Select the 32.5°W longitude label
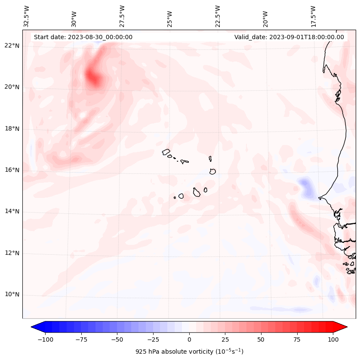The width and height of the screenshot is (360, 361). (27, 16)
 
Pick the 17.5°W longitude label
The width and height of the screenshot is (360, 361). (313, 16)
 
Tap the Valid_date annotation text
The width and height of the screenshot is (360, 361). (289, 37)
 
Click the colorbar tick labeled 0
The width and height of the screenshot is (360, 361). (189, 339)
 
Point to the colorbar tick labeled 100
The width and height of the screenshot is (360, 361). (333, 339)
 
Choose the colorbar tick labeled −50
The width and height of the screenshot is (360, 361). (117, 339)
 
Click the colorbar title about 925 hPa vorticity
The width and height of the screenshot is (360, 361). (189, 352)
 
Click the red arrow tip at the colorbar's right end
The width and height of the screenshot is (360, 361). (345, 327)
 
